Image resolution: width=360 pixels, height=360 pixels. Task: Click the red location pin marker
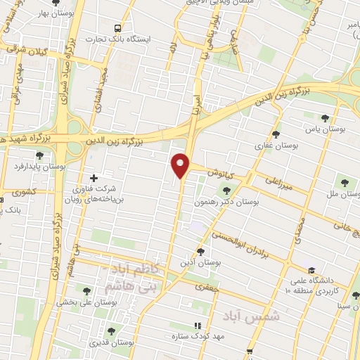coord(182,165)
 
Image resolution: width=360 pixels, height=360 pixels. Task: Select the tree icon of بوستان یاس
coord(324,118)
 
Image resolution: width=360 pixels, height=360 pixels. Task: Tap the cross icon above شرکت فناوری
coord(94,177)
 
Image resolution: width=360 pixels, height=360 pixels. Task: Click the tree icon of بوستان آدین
coord(200,251)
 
